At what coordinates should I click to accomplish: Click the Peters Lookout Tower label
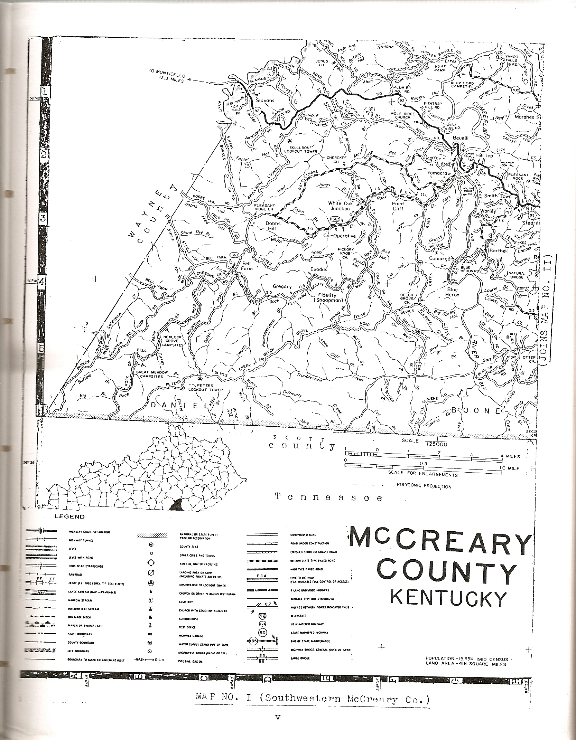click(205, 387)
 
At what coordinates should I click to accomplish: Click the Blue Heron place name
click(452, 292)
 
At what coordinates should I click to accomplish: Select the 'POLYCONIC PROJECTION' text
click(424, 486)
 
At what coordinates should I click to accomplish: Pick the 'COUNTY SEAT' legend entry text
click(188, 547)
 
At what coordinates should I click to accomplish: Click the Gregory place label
click(282, 286)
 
